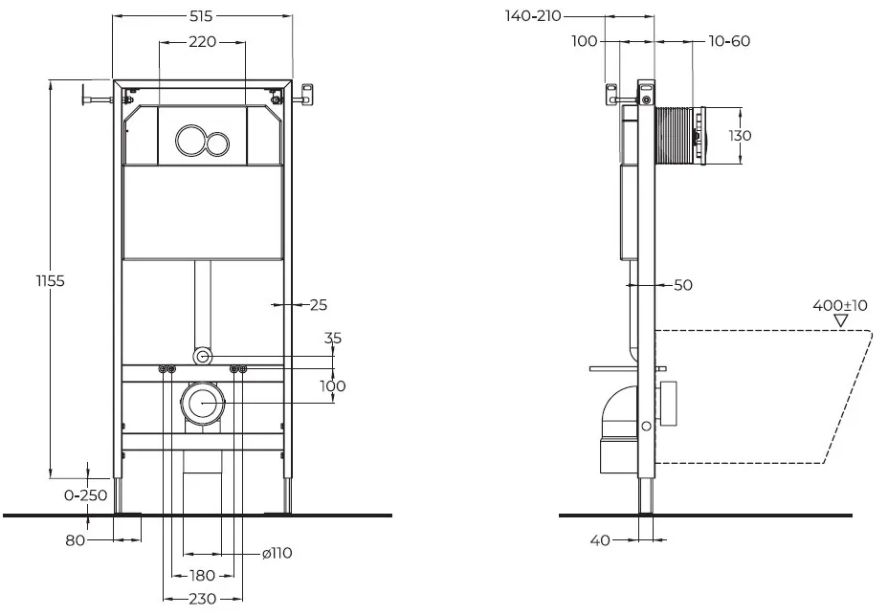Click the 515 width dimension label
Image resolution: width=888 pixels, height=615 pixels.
tap(201, 16)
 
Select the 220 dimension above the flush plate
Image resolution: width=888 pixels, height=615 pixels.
tap(203, 42)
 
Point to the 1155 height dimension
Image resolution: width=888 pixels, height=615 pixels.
tap(51, 281)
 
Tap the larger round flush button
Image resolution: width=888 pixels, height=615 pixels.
tap(189, 140)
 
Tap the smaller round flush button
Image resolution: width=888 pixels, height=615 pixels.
tap(216, 143)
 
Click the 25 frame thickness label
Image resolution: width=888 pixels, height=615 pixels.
tap(319, 305)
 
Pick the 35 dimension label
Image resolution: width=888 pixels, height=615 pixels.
tap(333, 338)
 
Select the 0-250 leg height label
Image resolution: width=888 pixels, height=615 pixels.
tap(85, 495)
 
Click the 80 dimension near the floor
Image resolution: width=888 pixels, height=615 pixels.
tap(76, 540)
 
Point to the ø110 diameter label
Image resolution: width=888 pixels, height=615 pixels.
tap(277, 553)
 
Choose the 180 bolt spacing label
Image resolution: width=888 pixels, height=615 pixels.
tap(202, 576)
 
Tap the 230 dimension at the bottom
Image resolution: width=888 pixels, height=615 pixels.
tap(202, 599)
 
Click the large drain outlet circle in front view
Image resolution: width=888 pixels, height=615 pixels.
tap(203, 404)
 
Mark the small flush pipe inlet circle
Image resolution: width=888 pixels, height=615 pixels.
tap(203, 356)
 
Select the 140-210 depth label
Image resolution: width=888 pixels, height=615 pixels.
tap(533, 16)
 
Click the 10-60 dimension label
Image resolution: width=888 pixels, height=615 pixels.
tap(729, 41)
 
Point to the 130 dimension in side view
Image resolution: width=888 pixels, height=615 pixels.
tap(740, 136)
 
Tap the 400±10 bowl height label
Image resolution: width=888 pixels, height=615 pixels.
tap(840, 306)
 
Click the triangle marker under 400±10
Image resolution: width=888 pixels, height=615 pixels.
tap(841, 320)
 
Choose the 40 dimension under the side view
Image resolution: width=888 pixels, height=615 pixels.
tap(600, 540)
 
